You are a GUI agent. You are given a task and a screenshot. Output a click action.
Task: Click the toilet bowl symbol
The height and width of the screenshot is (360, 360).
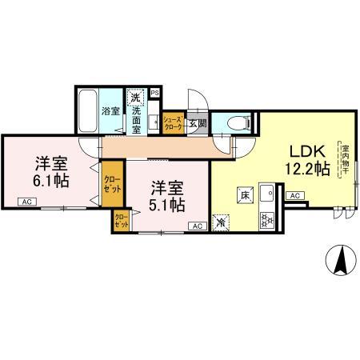tap(234, 123)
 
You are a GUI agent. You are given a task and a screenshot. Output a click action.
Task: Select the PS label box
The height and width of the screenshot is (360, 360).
tap(154, 92)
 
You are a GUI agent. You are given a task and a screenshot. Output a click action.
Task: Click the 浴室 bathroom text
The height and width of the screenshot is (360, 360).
tap(110, 110)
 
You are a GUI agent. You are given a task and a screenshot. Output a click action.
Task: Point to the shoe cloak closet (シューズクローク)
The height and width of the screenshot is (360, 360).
tap(173, 122)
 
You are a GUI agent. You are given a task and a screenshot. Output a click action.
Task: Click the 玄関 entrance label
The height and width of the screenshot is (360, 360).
tap(197, 123)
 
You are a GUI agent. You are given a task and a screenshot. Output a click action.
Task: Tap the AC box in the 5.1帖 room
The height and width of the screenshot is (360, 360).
tap(196, 227)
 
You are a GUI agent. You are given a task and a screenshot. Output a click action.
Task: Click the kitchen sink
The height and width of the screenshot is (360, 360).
tap(268, 194)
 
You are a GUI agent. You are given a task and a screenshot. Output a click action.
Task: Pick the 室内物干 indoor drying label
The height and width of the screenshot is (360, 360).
tap(345, 160)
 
